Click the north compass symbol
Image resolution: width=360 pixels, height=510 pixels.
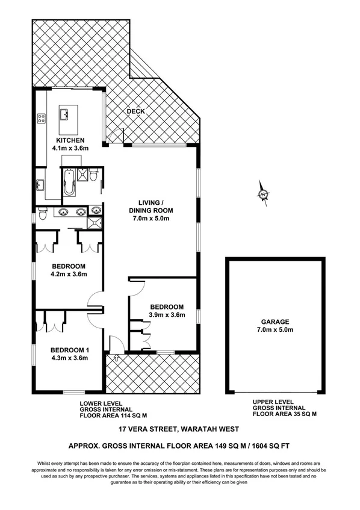coord(263,194)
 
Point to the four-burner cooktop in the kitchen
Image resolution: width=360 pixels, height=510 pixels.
coord(42,119)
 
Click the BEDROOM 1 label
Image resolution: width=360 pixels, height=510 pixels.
coord(69,350)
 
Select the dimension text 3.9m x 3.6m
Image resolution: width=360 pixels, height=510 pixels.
coord(167,314)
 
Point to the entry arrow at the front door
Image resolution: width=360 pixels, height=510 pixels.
coord(116,359)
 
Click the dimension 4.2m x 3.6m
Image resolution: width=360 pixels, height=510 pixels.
coord(69,274)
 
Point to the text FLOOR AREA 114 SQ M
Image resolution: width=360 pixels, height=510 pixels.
coord(113,415)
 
